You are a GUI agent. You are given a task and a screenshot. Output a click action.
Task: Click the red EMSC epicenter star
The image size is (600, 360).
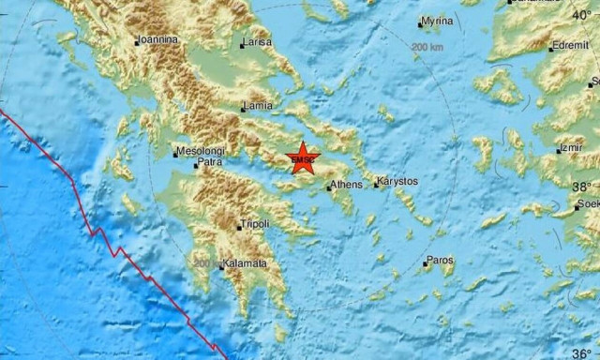302,158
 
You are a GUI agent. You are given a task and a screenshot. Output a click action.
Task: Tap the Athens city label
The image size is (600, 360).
346,185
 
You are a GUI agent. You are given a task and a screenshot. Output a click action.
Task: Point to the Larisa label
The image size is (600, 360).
257,43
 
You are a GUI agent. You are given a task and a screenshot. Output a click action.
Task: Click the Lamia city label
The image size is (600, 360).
258,106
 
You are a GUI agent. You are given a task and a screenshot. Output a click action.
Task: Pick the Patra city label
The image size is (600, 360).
210,163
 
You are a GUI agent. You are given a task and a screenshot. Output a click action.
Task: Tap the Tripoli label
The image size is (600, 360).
254,224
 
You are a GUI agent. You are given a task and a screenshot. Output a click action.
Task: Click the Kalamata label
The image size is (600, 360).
245,264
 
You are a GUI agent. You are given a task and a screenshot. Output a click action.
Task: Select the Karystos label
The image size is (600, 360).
397,181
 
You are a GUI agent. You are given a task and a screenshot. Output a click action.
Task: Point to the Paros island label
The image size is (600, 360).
441,259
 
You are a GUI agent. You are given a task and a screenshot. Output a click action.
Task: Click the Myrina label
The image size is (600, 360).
437,21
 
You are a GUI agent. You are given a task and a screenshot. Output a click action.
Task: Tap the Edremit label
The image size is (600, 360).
571,46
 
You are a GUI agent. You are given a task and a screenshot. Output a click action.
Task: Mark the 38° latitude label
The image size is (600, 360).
583,187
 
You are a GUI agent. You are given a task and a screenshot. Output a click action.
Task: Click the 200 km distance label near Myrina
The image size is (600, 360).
427,47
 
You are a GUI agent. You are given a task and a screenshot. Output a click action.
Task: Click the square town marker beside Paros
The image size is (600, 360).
424,263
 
